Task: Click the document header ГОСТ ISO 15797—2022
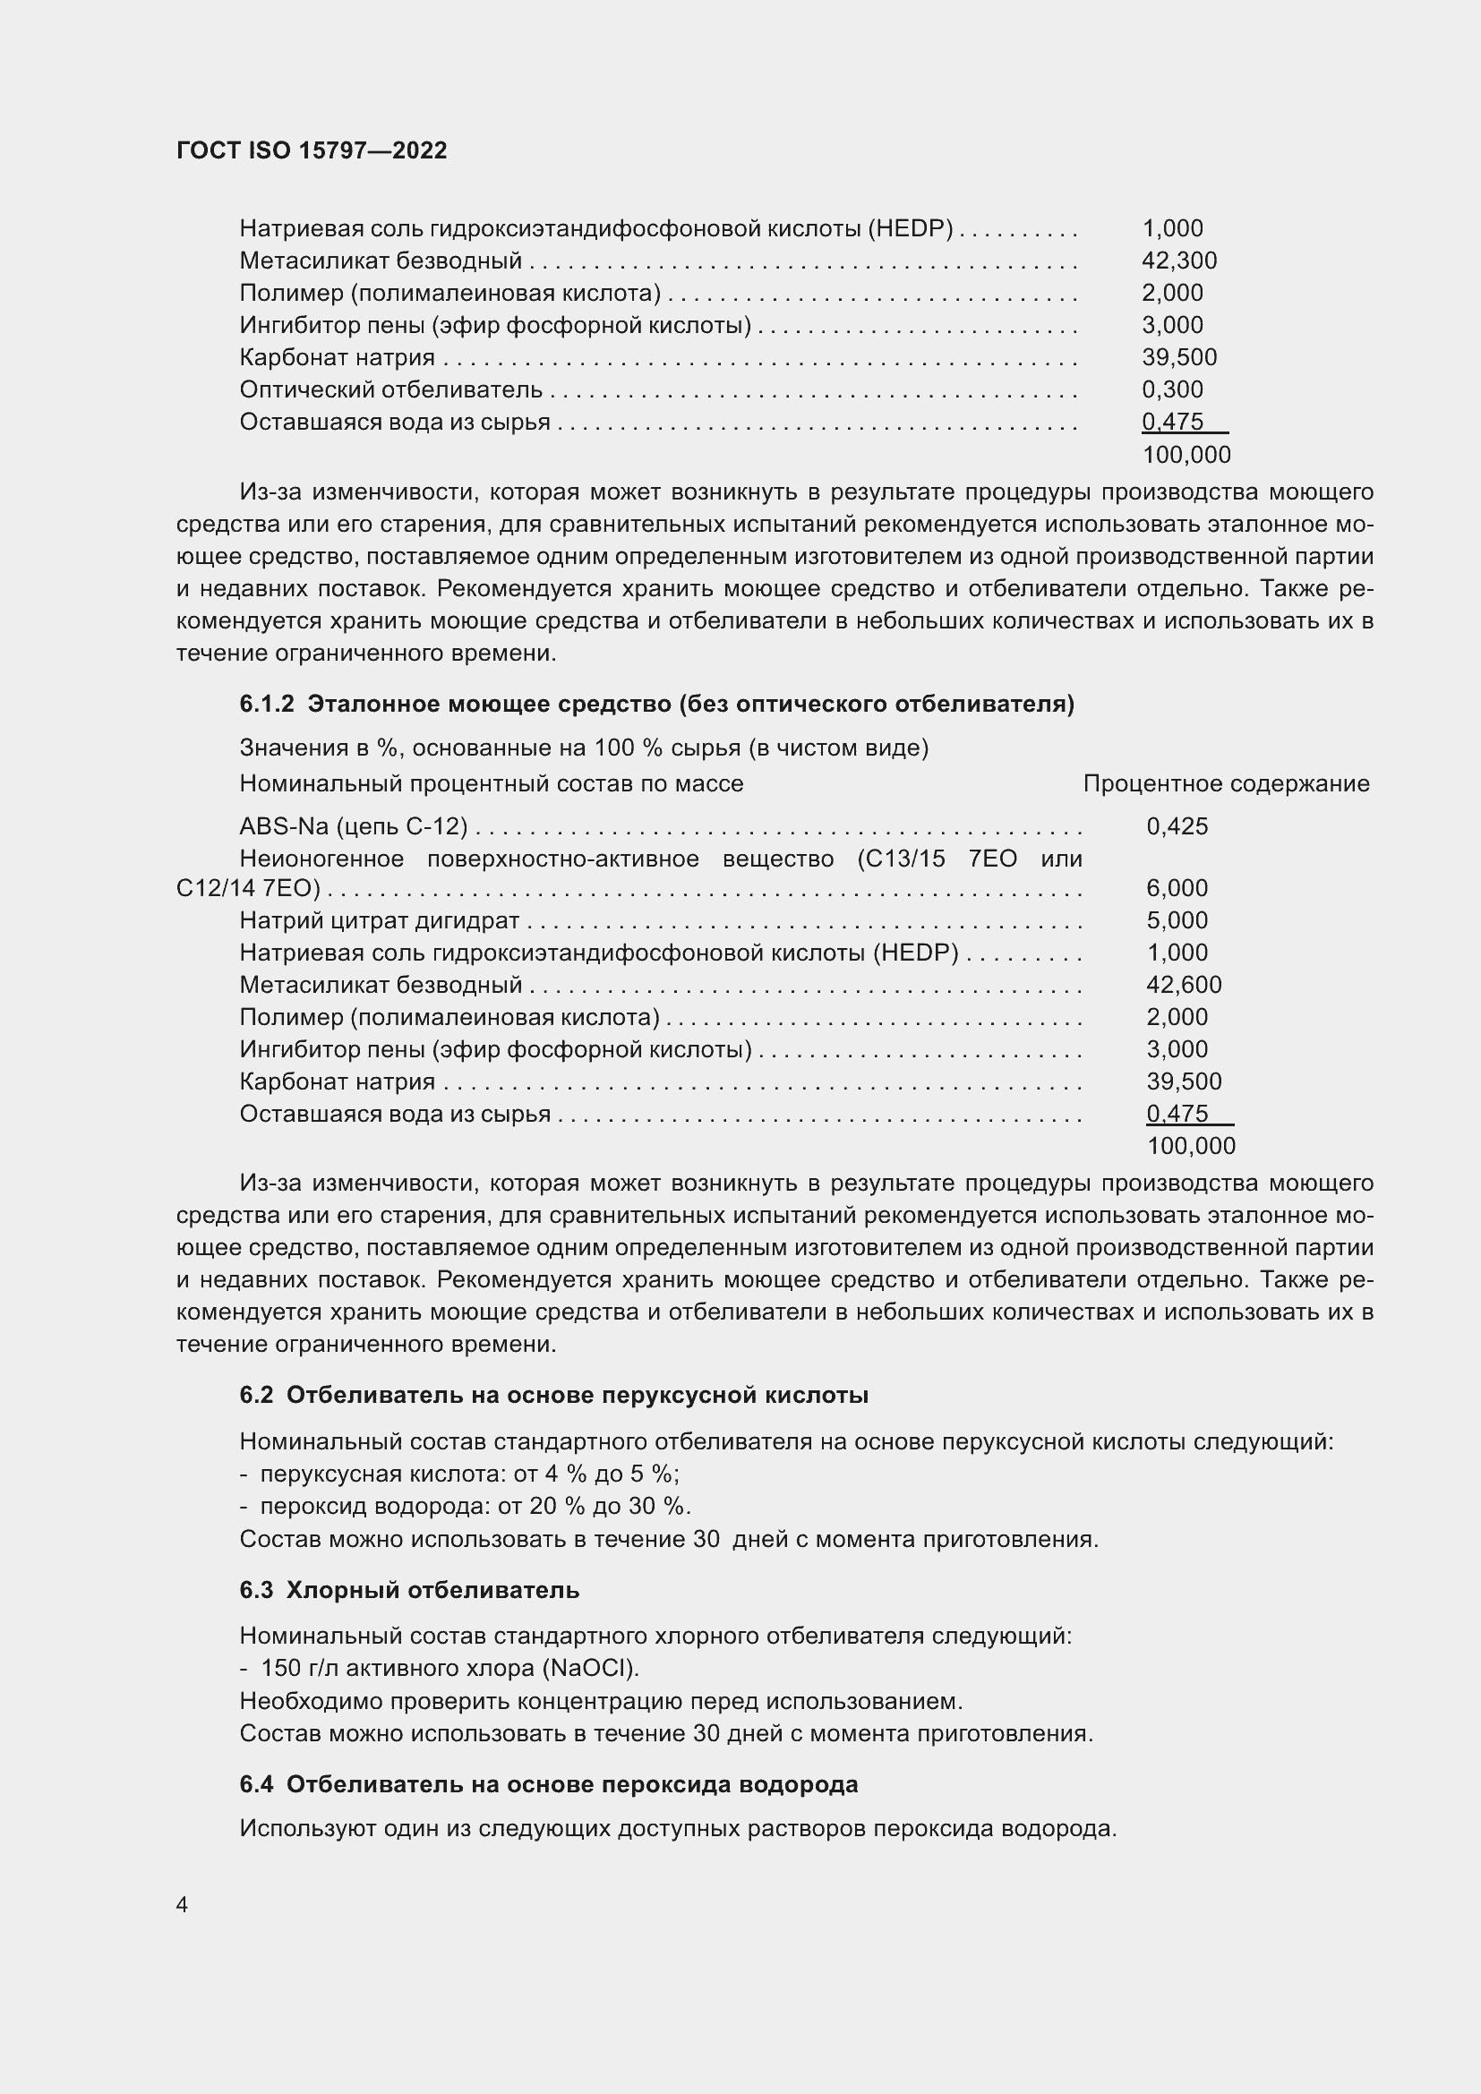(311, 150)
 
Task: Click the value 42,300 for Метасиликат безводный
(1178, 261)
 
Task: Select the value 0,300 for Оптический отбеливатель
(1172, 389)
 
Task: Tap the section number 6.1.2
(266, 704)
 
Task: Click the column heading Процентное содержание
(1226, 783)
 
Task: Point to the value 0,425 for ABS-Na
(1177, 826)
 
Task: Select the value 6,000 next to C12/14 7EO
(1177, 888)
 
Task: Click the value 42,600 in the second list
(1183, 985)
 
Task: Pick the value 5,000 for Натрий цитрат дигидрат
(1177, 920)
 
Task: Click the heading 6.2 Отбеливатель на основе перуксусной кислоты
(553, 1396)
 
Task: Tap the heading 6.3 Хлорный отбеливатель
(409, 1590)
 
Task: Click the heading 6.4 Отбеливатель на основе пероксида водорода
(548, 1784)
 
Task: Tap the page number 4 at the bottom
(182, 1905)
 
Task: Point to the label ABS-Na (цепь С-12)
(353, 826)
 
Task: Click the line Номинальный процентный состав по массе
(491, 783)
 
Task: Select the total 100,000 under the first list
(1186, 454)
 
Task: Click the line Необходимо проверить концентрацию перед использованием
(601, 1701)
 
